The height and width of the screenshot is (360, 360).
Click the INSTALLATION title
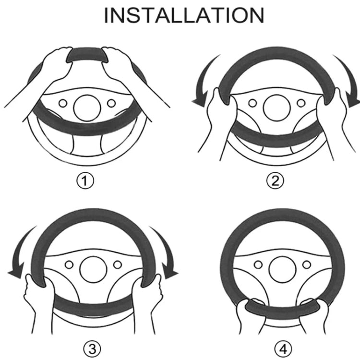[184, 15]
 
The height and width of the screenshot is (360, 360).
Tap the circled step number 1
[85, 181]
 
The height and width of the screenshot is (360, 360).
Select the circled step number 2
[275, 181]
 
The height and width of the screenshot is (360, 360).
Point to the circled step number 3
[92, 349]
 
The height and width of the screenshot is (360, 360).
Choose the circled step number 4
[284, 349]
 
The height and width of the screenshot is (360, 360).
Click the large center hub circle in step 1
[87, 108]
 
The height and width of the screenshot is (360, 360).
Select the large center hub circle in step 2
[277, 108]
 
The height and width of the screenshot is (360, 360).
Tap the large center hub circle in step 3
[93, 269]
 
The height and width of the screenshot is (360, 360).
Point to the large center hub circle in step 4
[283, 269]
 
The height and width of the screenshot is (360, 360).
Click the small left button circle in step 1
[63, 103]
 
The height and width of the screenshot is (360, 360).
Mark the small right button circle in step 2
[301, 103]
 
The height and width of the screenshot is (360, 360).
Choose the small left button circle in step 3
[69, 264]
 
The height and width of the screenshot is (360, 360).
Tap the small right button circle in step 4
[307, 264]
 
